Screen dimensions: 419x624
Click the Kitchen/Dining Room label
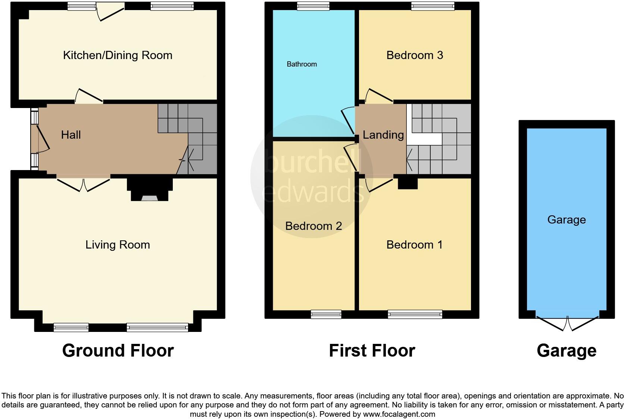(x=118, y=55)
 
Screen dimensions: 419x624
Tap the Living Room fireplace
(x=150, y=190)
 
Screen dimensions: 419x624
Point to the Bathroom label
(x=302, y=64)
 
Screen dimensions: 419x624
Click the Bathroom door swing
(x=349, y=120)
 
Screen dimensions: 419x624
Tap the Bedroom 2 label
(x=313, y=226)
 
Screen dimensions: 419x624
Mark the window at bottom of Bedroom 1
(x=415, y=314)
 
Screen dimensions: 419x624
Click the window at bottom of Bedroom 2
(x=326, y=314)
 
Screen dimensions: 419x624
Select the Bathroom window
(x=313, y=6)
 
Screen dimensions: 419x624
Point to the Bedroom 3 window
(x=433, y=6)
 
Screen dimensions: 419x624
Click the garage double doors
(x=567, y=324)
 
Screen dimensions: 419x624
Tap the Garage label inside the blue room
(x=566, y=220)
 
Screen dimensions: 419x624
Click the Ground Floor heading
(x=118, y=351)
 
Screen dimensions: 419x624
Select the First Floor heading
(x=372, y=351)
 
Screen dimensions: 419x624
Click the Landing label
(x=383, y=135)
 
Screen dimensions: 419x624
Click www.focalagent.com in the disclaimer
(x=399, y=414)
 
